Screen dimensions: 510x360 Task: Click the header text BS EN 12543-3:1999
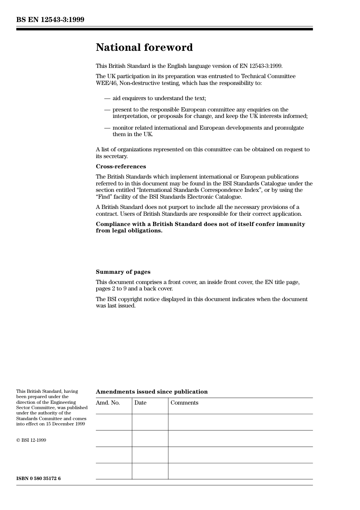[x=50, y=20]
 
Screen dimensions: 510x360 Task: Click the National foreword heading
[x=144, y=47]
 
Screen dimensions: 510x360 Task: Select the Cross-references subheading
[x=121, y=166]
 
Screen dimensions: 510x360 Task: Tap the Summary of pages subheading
[x=123, y=272]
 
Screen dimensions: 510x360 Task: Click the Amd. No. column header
[x=108, y=403]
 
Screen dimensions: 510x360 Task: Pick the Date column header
[x=140, y=403]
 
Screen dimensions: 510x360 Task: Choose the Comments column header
[x=184, y=403]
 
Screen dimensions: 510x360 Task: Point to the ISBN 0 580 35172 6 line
[x=38, y=479]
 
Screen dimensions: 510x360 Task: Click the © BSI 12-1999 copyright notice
[x=31, y=440]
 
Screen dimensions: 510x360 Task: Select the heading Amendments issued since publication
[x=152, y=392]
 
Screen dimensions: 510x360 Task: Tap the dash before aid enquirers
[x=107, y=99]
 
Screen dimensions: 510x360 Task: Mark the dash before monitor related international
[x=107, y=128]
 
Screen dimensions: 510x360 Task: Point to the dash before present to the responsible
[x=107, y=110]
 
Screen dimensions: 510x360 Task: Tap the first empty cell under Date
[x=150, y=422]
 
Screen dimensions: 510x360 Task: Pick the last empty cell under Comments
[x=240, y=471]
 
